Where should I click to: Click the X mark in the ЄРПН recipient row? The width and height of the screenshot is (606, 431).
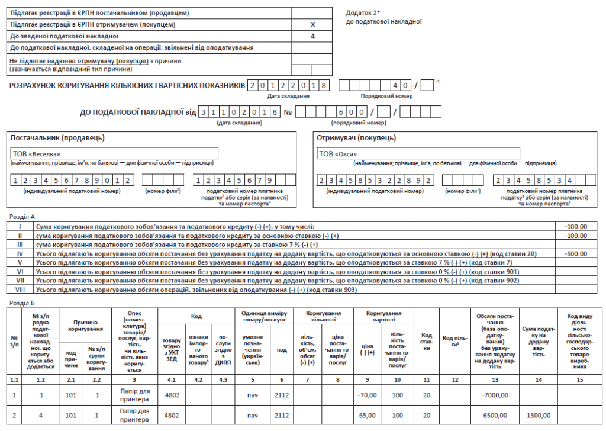pos(313,25)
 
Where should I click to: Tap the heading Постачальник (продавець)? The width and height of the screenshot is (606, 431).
pos(57,138)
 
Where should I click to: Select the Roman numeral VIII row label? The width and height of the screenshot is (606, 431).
pos(20,290)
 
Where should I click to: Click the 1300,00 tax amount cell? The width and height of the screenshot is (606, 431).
pos(538,415)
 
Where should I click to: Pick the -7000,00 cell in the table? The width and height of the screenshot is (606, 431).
pos(495,395)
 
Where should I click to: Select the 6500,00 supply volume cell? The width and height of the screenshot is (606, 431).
pos(496,415)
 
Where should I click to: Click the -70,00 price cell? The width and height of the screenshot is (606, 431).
pos(368,395)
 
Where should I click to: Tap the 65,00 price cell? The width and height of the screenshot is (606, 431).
pos(368,415)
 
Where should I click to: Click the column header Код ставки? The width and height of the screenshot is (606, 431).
pos(426,341)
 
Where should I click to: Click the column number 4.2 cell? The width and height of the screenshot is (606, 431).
pos(198,378)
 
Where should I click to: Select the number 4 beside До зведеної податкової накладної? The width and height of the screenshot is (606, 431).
pos(313,36)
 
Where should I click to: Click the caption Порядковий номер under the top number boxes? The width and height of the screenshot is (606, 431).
pos(386,96)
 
